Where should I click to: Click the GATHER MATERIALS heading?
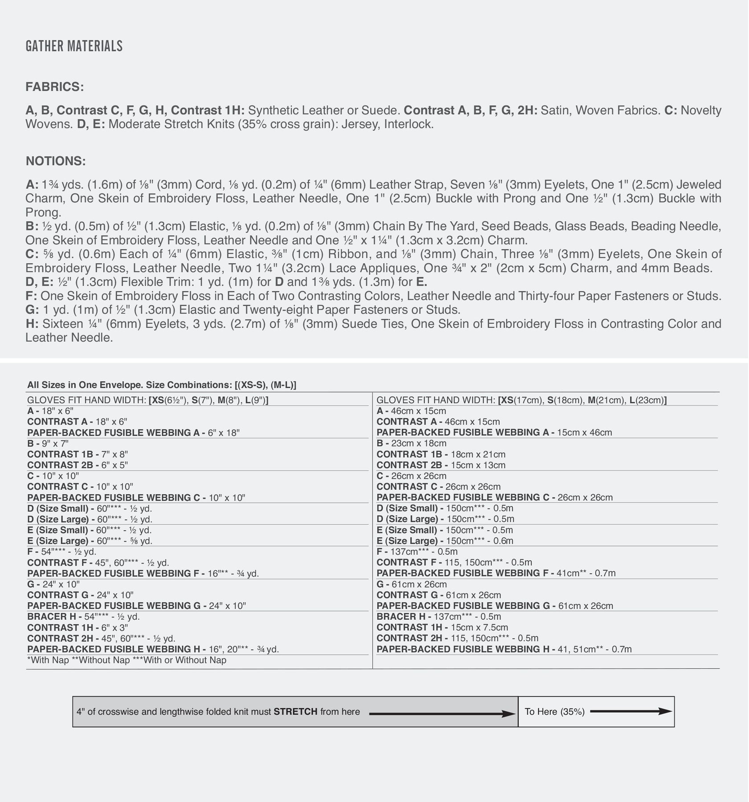coord(74,46)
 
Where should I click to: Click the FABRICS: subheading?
coord(54,87)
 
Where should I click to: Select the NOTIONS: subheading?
coord(56,161)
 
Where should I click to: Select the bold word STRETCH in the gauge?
coord(295,712)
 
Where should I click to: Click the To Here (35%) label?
coord(554,712)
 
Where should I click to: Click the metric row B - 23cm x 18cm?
coord(411,443)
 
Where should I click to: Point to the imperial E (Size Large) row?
coord(90,541)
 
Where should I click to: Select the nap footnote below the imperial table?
coord(127,660)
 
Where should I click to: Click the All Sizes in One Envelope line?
coord(161,385)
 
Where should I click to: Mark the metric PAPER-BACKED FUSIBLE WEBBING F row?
coord(496,573)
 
